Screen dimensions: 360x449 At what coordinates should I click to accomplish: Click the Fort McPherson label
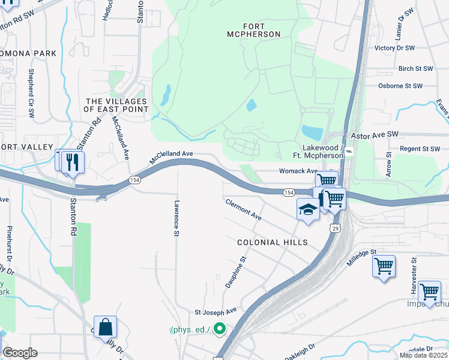(254, 30)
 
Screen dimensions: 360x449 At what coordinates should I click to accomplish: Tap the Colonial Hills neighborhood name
(272, 242)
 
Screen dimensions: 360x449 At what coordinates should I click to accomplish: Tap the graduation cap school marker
(308, 209)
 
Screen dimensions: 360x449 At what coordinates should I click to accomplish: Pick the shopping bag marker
(105, 328)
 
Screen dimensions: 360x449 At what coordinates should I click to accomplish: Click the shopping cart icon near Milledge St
(384, 265)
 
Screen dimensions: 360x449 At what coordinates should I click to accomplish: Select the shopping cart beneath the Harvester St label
(429, 292)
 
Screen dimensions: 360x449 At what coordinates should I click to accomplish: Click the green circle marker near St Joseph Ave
(219, 328)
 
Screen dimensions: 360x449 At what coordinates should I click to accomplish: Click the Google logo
(20, 353)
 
